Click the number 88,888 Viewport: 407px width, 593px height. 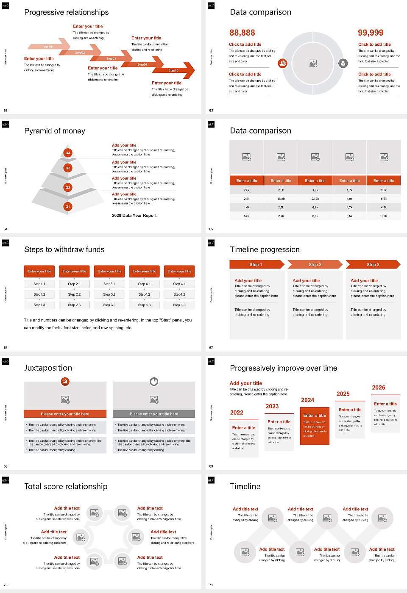[x=242, y=33]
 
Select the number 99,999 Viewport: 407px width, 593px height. [x=371, y=33]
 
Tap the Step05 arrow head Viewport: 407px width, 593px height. [x=188, y=70]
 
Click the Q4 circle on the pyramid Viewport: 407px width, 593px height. [x=67, y=152]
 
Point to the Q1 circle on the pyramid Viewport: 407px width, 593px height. [x=67, y=207]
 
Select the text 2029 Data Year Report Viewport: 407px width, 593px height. [x=134, y=216]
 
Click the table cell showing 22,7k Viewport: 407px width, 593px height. [x=315, y=199]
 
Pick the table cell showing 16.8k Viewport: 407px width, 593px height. [x=281, y=199]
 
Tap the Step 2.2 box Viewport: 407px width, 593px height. [x=74, y=294]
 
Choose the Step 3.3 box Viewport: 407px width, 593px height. [x=109, y=305]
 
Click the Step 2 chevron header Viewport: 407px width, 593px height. [x=315, y=265]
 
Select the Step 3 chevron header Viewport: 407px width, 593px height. [x=373, y=265]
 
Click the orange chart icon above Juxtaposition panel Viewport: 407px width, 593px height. [x=65, y=382]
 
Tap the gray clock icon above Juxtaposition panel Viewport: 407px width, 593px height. [x=154, y=382]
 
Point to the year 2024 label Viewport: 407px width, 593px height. [x=307, y=400]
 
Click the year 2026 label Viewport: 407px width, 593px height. [x=379, y=388]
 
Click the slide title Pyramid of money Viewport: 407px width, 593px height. [x=55, y=131]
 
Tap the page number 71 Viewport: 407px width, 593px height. [x=211, y=585]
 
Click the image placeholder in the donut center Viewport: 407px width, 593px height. [x=313, y=63]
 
